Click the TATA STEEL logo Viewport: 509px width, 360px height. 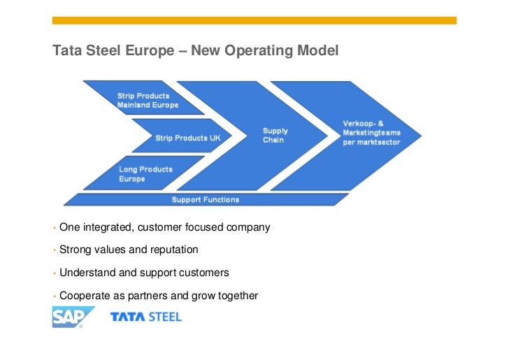(145, 317)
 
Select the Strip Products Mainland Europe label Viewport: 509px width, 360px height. (148, 100)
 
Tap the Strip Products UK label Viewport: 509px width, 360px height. (187, 138)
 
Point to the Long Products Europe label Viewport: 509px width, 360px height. (145, 174)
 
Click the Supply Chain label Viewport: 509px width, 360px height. (275, 135)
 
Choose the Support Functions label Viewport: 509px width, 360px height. (206, 200)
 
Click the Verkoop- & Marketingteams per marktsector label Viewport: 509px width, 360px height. (371, 133)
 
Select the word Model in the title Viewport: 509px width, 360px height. (320, 51)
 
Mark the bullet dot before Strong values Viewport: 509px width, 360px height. (54, 250)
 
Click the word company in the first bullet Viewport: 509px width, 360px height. (248, 227)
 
